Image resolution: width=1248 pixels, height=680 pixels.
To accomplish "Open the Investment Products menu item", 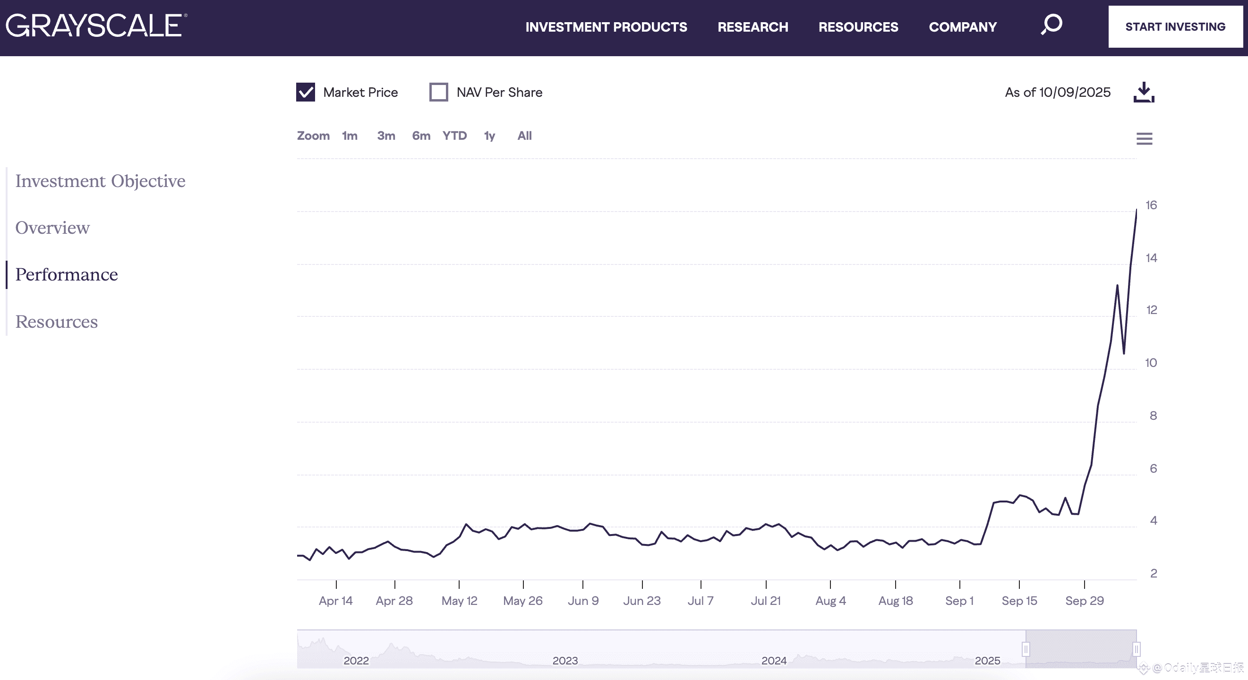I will [x=606, y=27].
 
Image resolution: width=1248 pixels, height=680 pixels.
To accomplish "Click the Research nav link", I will [x=752, y=27].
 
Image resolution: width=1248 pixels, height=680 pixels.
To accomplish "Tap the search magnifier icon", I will [x=1051, y=24].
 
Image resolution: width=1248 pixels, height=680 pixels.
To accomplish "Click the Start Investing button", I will [x=1175, y=27].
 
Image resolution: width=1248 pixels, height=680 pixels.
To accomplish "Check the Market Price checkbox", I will [x=306, y=92].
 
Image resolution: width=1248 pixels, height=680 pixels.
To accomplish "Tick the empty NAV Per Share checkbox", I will [x=438, y=92].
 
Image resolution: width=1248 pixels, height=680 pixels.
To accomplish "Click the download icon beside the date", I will [x=1144, y=92].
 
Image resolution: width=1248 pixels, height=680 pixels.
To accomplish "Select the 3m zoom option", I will [x=385, y=136].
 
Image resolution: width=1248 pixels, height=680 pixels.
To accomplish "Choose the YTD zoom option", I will [x=454, y=136].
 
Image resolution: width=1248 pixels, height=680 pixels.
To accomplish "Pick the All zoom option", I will [x=524, y=136].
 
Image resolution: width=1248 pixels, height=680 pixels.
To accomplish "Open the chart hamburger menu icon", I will [x=1144, y=139].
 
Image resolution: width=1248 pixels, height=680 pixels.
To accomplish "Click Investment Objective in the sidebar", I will [x=100, y=181].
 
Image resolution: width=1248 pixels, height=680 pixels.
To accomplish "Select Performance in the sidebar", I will [x=67, y=275].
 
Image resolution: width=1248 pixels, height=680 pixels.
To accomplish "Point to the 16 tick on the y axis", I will [x=1151, y=205].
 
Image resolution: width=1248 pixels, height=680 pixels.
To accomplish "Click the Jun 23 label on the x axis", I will [x=641, y=601].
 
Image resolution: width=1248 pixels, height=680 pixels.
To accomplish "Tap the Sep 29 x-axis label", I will [x=1084, y=601].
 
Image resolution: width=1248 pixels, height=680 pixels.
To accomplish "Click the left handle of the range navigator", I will [x=1026, y=649].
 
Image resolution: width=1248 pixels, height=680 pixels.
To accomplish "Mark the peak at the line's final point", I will [x=1136, y=210].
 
